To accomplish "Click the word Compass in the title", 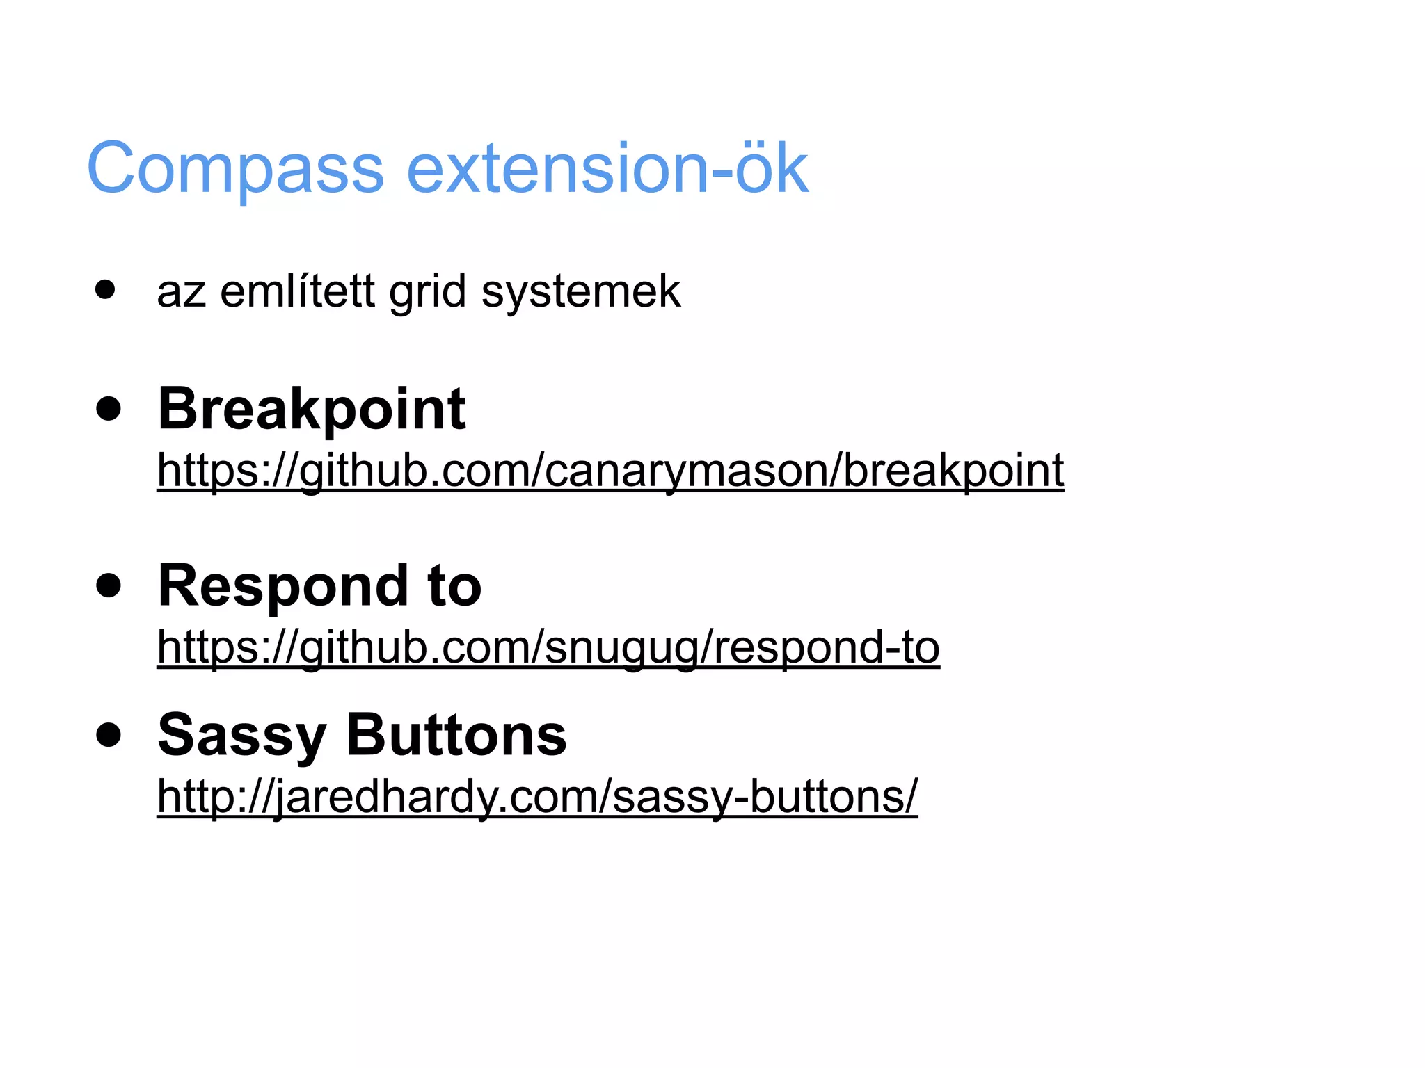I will (x=235, y=169).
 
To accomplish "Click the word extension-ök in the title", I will (x=607, y=169).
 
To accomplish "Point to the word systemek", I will (x=581, y=292).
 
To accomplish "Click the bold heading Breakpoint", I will (x=312, y=409).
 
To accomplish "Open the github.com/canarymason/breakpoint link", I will (x=610, y=471).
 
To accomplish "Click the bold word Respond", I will (x=282, y=586).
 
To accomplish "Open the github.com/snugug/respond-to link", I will (x=548, y=647).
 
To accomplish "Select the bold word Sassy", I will (x=242, y=736).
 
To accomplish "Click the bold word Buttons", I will (x=456, y=735).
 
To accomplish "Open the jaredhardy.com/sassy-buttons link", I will (x=537, y=796).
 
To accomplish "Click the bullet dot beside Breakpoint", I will (x=109, y=409).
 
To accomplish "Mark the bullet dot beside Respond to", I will (x=109, y=585).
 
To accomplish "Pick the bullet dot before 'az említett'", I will (x=105, y=289).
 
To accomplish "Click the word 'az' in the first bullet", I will (x=181, y=292).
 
